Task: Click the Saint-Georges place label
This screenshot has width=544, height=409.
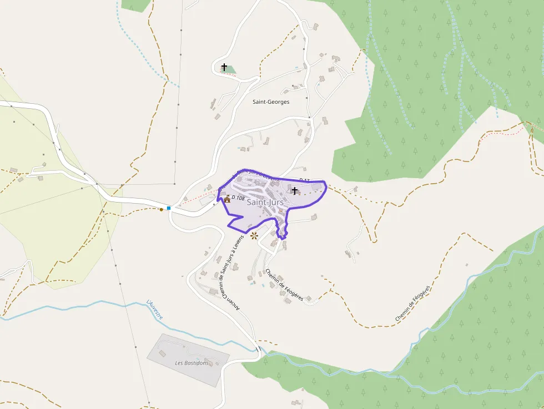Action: (271, 102)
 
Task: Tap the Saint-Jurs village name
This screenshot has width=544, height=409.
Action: (265, 203)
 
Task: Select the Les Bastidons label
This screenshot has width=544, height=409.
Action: (192, 363)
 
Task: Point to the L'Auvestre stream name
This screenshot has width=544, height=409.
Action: (155, 309)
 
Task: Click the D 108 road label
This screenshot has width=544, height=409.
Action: (238, 198)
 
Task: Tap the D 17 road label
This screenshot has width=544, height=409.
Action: (304, 180)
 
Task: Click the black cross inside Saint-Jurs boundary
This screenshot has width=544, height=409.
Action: (295, 190)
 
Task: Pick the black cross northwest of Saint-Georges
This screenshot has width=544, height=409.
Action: (224, 67)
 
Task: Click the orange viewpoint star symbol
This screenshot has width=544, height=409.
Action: (254, 236)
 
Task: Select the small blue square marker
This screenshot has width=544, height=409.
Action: (169, 208)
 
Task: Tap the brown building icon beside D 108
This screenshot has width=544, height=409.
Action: (227, 199)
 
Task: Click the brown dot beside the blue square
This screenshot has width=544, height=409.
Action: (162, 209)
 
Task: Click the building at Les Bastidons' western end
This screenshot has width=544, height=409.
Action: (162, 353)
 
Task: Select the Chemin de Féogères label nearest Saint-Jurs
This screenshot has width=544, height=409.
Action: (284, 285)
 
